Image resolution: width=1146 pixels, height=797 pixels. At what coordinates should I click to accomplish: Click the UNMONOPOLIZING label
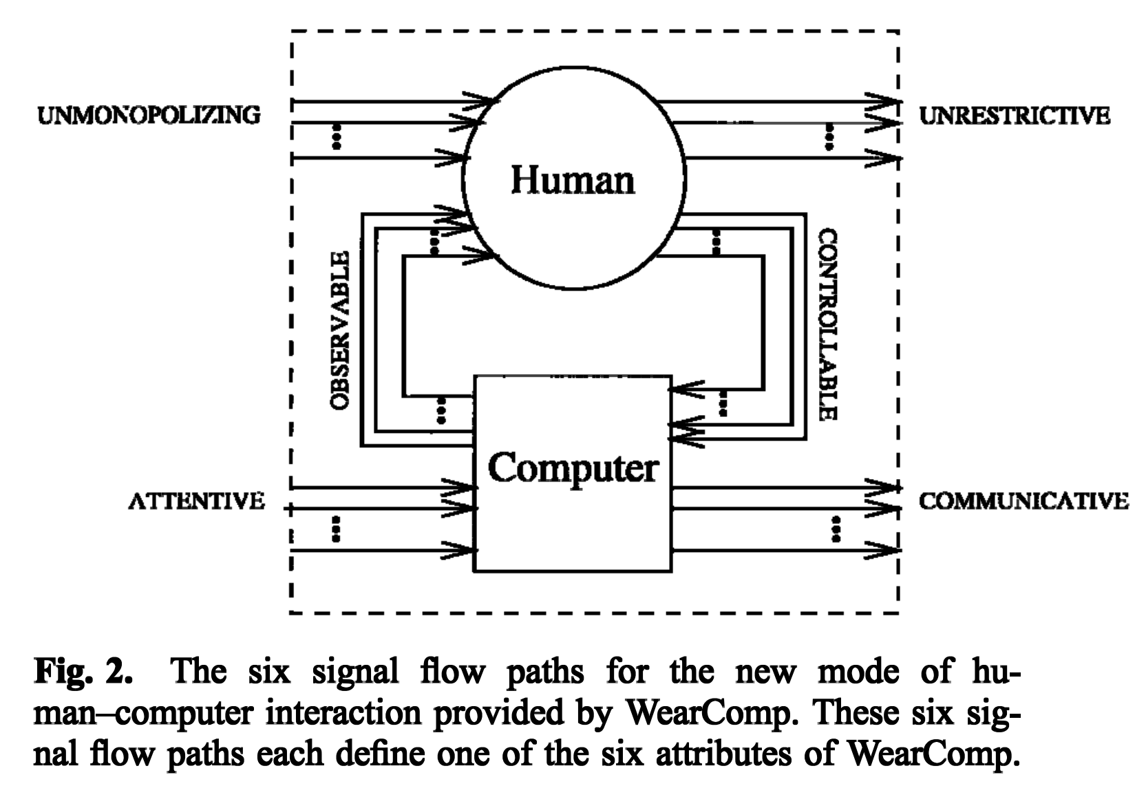[x=149, y=114]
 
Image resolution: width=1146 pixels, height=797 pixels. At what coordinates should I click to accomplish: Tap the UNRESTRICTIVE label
[x=1014, y=116]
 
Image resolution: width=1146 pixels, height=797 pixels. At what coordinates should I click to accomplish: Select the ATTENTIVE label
[x=197, y=500]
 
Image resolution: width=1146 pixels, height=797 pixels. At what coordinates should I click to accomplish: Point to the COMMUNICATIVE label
[x=1023, y=500]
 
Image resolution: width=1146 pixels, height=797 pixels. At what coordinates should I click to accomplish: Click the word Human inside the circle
[x=573, y=180]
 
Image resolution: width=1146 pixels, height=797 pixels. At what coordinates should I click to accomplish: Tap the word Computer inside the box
[x=573, y=468]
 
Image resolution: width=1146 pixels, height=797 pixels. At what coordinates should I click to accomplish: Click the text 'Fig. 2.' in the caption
[x=85, y=670]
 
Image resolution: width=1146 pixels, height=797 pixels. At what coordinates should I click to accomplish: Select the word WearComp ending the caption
[x=931, y=754]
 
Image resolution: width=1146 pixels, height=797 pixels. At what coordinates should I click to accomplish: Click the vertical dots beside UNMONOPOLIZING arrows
[x=337, y=137]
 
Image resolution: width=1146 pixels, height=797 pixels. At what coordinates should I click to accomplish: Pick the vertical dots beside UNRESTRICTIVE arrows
[x=829, y=137]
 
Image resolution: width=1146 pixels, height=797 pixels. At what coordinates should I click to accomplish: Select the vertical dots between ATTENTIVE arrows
[x=336, y=529]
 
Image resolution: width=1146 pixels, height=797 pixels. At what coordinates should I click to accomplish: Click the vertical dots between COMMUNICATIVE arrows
[x=836, y=529]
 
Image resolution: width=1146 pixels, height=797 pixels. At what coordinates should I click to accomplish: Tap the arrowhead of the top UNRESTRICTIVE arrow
[x=884, y=102]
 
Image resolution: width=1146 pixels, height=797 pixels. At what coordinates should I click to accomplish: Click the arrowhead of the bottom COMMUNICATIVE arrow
[x=884, y=550]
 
